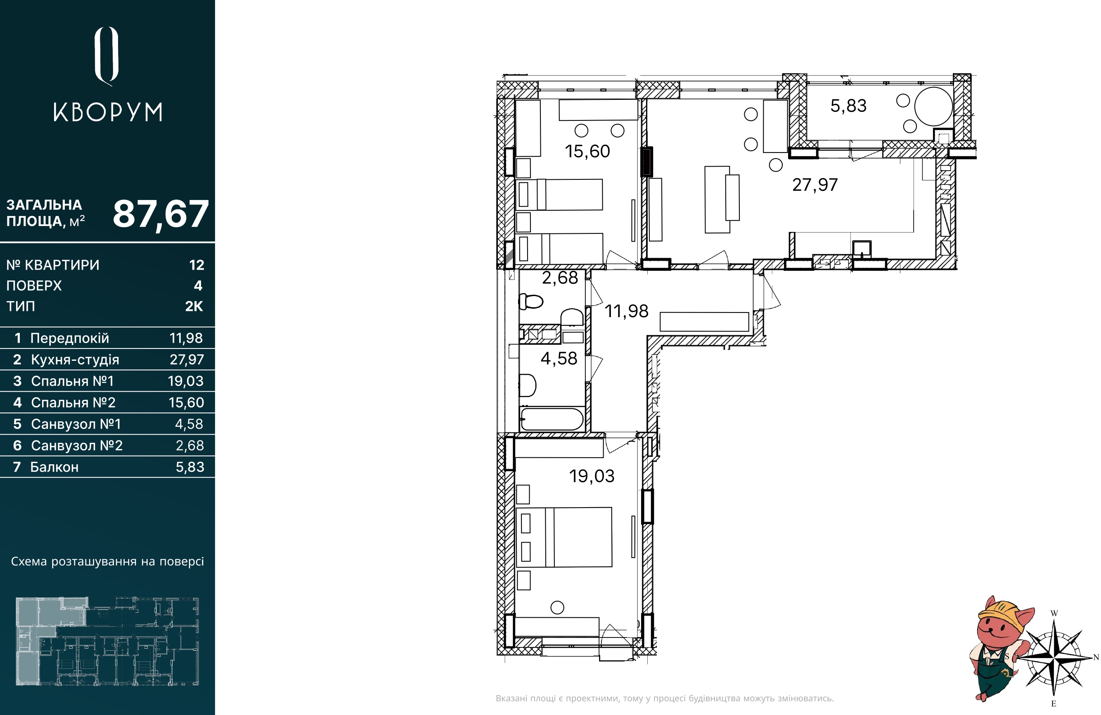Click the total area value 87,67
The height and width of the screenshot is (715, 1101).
(161, 214)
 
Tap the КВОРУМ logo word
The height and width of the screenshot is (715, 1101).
(108, 112)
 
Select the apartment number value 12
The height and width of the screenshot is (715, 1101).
(197, 265)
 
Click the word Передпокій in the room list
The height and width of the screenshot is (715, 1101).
(69, 338)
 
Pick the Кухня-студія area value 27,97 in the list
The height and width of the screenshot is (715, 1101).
(187, 360)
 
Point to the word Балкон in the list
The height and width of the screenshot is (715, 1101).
(54, 467)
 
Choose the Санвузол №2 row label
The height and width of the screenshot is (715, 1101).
(76, 446)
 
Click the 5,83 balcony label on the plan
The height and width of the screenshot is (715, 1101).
(848, 106)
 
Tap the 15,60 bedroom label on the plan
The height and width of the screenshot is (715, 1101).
(587, 152)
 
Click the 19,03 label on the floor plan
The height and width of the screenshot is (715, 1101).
(592, 476)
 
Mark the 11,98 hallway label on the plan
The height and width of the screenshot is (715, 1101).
(626, 311)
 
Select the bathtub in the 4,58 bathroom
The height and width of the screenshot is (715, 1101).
(552, 419)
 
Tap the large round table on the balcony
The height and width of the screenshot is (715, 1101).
(933, 106)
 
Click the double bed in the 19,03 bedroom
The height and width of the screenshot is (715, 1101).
(564, 537)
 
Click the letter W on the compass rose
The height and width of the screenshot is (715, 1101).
(1054, 613)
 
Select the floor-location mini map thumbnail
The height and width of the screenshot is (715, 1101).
(108, 641)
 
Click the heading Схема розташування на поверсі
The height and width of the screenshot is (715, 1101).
(107, 562)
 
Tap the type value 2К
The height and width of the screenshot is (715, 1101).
(194, 306)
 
